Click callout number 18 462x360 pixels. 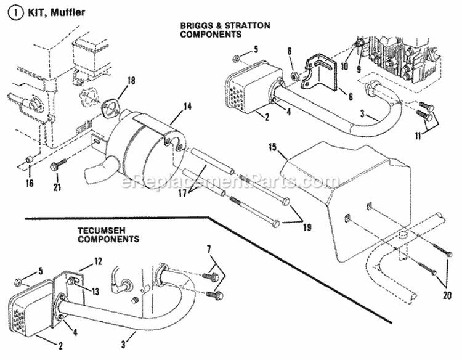point(130,81)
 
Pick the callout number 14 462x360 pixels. point(187,107)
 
